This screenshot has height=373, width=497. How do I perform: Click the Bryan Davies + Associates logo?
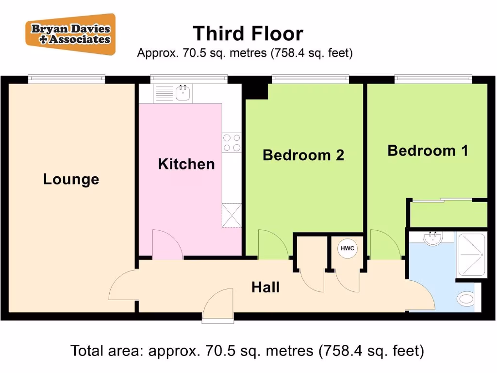71,34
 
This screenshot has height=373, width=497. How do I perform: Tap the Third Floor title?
248,34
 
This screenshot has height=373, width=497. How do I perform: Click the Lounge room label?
71,179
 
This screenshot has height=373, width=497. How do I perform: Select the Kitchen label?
186,164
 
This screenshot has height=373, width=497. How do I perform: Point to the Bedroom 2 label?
303,155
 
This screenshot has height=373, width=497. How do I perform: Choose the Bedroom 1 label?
428,151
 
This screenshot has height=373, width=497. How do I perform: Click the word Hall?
265,288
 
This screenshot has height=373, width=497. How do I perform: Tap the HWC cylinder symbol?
348,249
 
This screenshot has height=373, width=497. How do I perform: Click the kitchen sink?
182,93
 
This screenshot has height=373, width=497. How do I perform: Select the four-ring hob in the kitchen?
232,142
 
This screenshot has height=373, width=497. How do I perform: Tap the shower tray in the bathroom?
471,254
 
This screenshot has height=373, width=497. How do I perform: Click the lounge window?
66,78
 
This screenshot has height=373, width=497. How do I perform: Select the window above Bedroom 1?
433,78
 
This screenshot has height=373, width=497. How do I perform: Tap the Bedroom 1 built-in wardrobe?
448,214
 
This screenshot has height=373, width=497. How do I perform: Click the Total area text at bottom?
248,350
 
